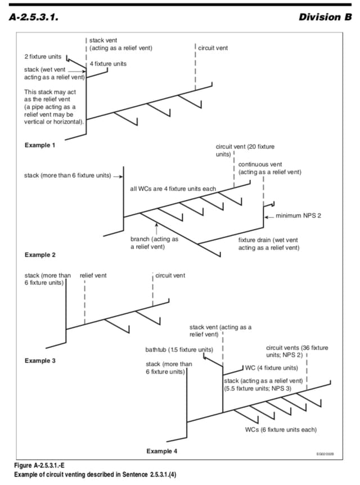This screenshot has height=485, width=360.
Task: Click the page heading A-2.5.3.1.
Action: (x=35, y=17)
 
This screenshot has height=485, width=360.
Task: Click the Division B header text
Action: (x=321, y=17)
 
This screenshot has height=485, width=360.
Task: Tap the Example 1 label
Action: (x=40, y=146)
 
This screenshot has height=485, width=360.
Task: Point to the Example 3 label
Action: (x=40, y=360)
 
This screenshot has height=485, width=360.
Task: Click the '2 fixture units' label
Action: (x=43, y=57)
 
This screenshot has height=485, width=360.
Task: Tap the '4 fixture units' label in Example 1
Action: (x=108, y=64)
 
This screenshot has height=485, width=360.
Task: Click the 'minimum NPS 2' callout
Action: (x=299, y=216)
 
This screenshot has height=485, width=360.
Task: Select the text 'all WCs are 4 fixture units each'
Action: (x=173, y=188)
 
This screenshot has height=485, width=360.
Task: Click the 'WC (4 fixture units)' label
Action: (x=271, y=368)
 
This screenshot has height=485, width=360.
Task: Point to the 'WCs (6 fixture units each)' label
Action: (x=281, y=430)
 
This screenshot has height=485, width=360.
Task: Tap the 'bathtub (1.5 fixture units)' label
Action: (x=179, y=350)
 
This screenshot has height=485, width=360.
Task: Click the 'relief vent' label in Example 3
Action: (x=93, y=276)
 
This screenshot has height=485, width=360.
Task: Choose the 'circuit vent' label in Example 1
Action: (x=213, y=48)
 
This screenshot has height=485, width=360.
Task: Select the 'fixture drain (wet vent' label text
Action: (x=268, y=239)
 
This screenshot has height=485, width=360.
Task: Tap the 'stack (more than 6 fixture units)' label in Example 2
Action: (x=67, y=175)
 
